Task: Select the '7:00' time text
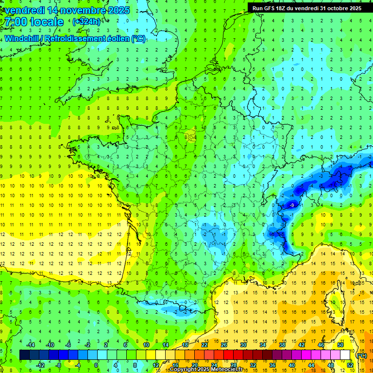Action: [15, 22]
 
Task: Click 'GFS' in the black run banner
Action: [274, 8]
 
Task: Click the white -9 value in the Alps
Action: [291, 206]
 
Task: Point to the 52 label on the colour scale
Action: [350, 365]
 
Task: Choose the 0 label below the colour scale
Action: [96, 365]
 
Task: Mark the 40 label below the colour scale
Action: [291, 365]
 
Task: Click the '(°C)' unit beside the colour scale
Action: [361, 355]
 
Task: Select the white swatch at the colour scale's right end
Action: [345, 355]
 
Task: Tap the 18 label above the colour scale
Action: [185, 344]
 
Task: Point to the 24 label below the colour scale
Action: [214, 365]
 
